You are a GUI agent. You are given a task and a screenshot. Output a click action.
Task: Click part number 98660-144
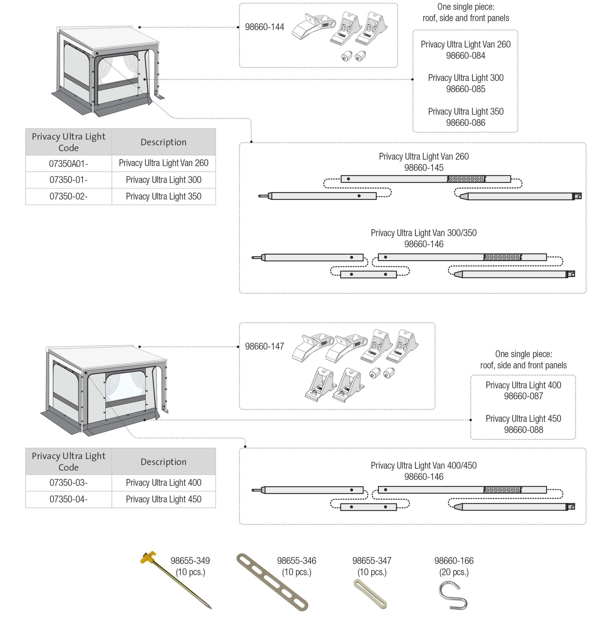[265, 27]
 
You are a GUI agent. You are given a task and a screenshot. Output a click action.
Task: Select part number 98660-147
[265, 346]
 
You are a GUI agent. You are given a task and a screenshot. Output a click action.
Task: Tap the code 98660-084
[465, 56]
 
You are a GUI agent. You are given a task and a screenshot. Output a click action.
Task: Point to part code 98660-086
[465, 123]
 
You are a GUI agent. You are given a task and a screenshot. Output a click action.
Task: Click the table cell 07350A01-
[68, 164]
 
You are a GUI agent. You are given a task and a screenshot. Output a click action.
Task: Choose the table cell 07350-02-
[68, 197]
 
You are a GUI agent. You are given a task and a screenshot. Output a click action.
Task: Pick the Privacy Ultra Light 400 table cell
[163, 482]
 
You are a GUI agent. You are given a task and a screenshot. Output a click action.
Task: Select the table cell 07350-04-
[68, 499]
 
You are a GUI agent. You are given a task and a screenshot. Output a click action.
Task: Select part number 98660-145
[424, 168]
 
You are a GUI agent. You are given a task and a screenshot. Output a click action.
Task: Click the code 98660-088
[523, 430]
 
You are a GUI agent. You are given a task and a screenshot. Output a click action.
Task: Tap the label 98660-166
[454, 560]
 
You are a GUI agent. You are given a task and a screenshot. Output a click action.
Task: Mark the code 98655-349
[190, 560]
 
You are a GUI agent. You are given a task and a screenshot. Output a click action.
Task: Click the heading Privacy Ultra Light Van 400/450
[424, 465]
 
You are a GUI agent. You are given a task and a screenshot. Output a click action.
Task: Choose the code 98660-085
[465, 89]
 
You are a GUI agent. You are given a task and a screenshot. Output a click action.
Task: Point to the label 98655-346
[296, 560]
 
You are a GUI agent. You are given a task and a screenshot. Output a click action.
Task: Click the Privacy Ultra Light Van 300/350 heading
[424, 233]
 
